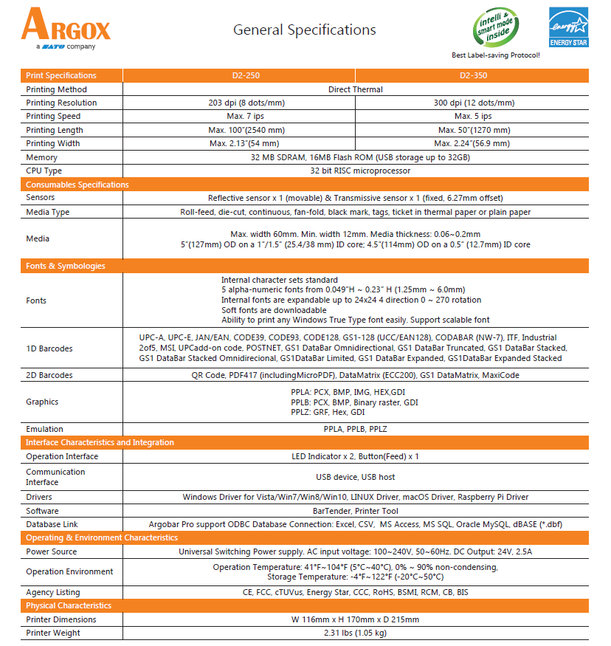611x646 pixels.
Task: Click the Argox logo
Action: point(66,28)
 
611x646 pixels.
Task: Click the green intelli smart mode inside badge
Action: point(494,27)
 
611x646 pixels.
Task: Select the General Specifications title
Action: point(305,30)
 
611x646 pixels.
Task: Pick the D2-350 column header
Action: point(473,75)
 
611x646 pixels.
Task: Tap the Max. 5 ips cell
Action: point(473,116)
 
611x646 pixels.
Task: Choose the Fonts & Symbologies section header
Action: point(66,266)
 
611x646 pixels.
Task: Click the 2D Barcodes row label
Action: point(49,375)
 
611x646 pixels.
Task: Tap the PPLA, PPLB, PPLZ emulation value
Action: point(355,429)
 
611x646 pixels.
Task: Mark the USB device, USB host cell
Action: point(355,477)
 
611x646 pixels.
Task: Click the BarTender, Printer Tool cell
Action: point(355,511)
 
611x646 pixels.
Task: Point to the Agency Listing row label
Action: point(53,592)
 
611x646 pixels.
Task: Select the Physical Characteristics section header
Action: point(69,605)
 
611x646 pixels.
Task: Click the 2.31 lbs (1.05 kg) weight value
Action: point(355,633)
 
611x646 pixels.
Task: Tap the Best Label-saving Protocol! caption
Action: point(495,55)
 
